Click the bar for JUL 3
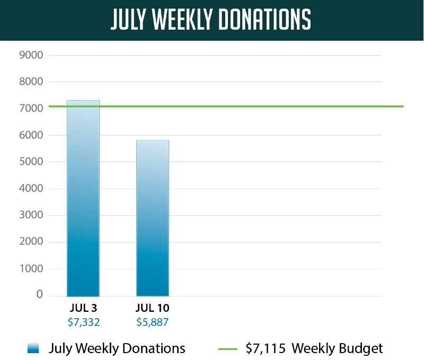click(x=83, y=199)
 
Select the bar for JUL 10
click(x=153, y=218)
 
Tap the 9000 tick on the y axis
click(x=31, y=55)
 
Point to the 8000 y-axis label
click(x=31, y=82)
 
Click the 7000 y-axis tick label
click(x=31, y=109)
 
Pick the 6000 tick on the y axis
click(x=31, y=136)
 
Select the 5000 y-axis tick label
click(x=31, y=162)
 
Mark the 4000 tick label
click(x=31, y=189)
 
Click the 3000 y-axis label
click(x=31, y=215)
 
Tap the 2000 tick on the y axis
click(x=31, y=242)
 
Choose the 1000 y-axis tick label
click(x=31, y=269)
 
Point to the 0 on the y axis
click(x=39, y=295)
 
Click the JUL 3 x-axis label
click(x=83, y=308)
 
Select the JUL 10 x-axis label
click(x=153, y=308)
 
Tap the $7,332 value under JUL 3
click(x=83, y=321)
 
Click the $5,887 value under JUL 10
click(x=153, y=321)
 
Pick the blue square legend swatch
click(x=33, y=348)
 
